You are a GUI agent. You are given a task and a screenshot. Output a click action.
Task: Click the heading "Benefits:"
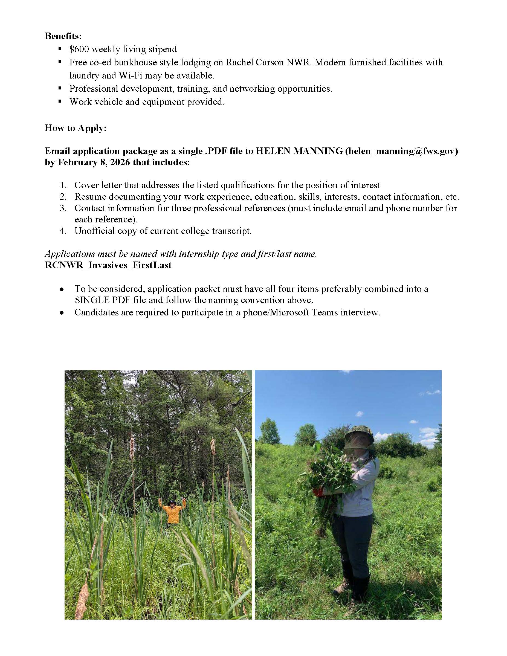click(63, 36)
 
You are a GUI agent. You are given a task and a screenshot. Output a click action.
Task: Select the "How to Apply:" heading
click(76, 128)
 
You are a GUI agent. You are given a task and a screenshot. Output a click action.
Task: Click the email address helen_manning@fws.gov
click(402, 151)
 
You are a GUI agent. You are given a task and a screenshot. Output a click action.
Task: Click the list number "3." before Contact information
click(63, 208)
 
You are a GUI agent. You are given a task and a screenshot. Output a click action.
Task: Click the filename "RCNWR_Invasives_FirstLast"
click(108, 265)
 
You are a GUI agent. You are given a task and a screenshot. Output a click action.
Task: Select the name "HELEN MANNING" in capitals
click(299, 151)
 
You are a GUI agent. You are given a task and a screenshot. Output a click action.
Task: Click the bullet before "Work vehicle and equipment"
click(60, 101)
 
